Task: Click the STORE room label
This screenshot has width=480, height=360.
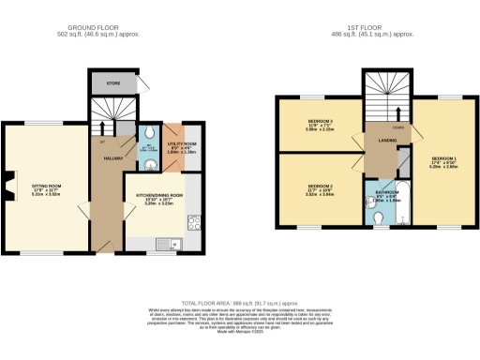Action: [x=112, y=84]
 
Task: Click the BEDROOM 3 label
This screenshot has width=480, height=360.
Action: [x=321, y=122]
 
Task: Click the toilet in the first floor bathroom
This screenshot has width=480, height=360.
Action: [x=376, y=219]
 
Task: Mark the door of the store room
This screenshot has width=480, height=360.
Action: [x=140, y=84]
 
